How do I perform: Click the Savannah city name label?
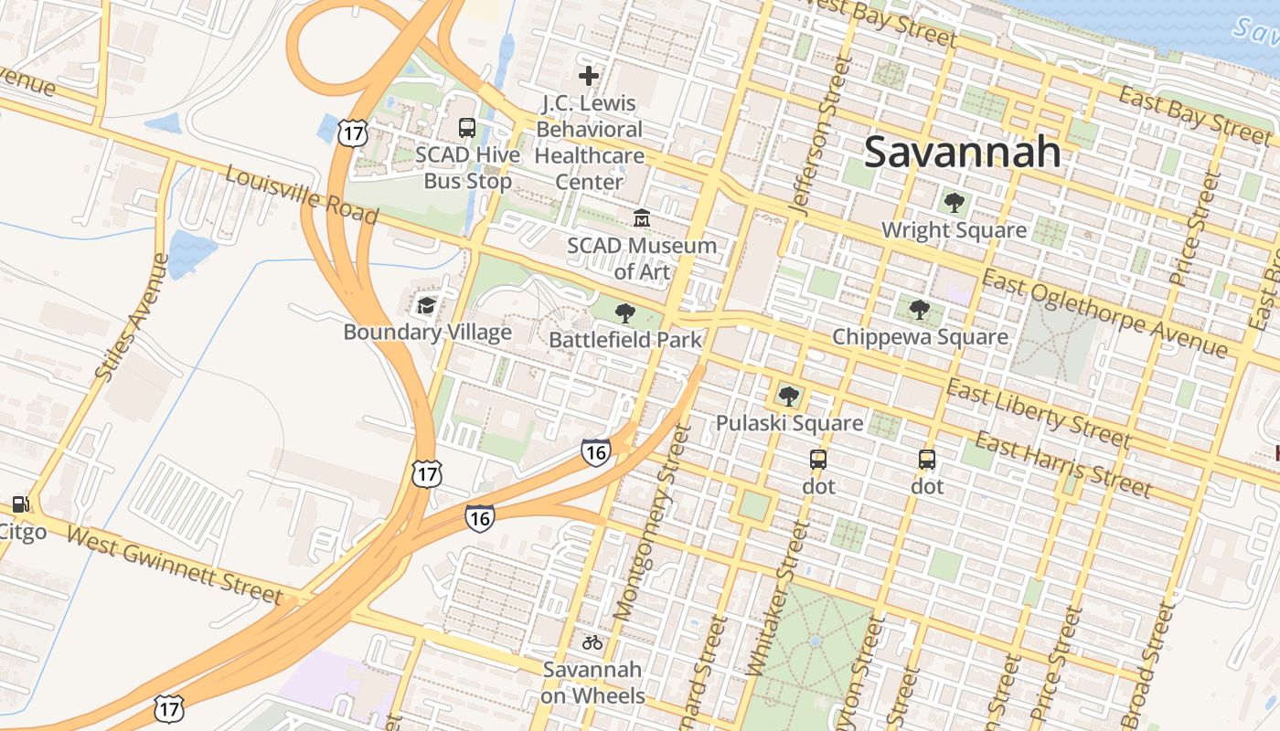point(962,152)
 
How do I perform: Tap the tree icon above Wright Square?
point(954,203)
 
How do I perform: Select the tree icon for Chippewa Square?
point(920,310)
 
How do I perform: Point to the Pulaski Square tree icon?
point(788,397)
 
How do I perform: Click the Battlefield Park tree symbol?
point(625,314)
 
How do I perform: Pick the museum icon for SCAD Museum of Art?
point(642,218)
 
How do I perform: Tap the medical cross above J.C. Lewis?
point(589,76)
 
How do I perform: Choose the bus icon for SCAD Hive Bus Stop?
point(467,128)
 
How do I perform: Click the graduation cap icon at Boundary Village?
point(426,305)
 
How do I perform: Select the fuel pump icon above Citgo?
point(19,504)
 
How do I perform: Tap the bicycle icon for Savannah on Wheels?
point(592,642)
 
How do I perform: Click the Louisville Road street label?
point(302,195)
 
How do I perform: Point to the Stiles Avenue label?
point(133,316)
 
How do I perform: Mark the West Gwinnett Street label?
point(175,566)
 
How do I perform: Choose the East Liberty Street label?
point(1040,414)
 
